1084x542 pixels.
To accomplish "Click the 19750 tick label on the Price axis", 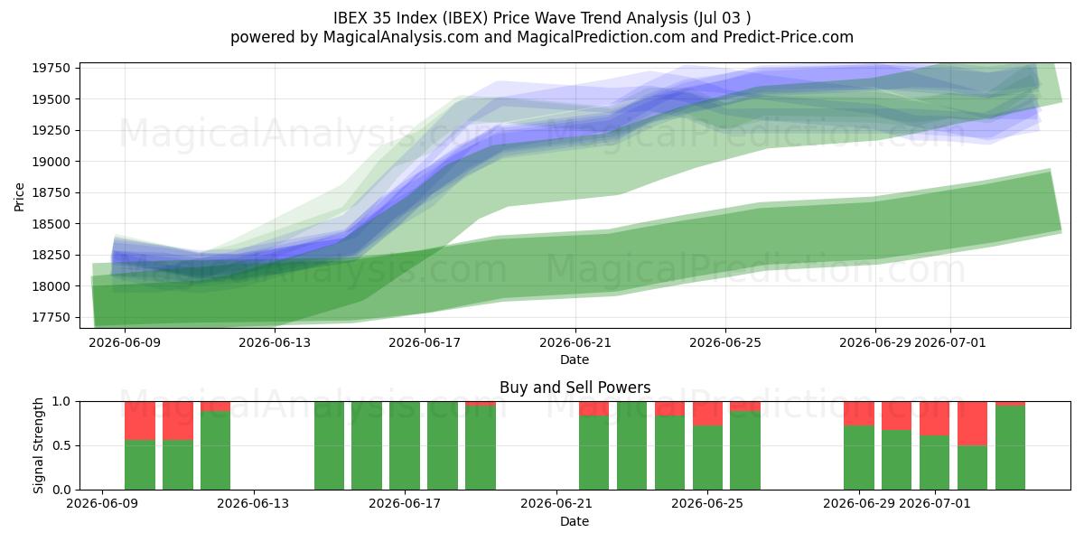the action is click(x=51, y=68).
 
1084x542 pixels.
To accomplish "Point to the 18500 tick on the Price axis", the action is click(x=51, y=224).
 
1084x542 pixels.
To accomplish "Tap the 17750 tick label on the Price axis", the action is click(x=51, y=317).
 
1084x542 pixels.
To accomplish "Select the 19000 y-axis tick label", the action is click(x=51, y=162).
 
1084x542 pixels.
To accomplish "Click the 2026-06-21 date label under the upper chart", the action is click(x=575, y=342).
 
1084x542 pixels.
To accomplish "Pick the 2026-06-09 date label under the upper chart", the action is click(x=125, y=342).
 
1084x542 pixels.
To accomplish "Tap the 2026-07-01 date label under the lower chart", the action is click(x=934, y=504).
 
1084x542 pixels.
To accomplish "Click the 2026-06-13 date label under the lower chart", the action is click(x=253, y=504).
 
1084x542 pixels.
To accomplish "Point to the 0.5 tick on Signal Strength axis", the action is click(x=62, y=445).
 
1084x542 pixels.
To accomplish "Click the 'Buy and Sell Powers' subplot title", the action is click(x=575, y=388).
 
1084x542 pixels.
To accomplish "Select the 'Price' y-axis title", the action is click(x=19, y=197).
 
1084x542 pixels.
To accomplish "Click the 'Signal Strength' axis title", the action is click(x=38, y=445).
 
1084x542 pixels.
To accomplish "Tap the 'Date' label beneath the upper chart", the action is click(x=575, y=360).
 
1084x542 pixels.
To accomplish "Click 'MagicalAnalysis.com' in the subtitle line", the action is click(x=401, y=37).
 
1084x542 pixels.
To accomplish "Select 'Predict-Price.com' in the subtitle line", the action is click(x=789, y=37).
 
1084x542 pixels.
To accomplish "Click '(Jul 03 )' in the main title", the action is click(x=722, y=18).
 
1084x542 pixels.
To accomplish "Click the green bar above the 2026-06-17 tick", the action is click(x=405, y=445).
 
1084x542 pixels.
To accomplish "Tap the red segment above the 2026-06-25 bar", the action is click(x=707, y=414).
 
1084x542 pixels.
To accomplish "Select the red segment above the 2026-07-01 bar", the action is click(x=934, y=418).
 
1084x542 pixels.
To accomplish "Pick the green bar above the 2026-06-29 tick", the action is click(x=859, y=458).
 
